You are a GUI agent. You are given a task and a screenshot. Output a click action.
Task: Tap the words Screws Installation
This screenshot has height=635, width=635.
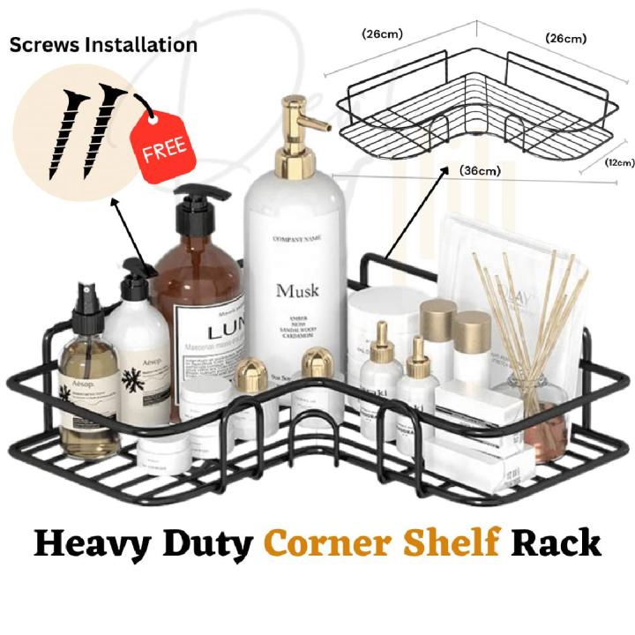point(103,44)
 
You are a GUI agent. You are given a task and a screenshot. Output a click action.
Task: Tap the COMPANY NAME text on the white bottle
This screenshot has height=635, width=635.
point(297,239)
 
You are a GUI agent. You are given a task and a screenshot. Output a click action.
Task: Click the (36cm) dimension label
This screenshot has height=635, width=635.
point(480,172)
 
